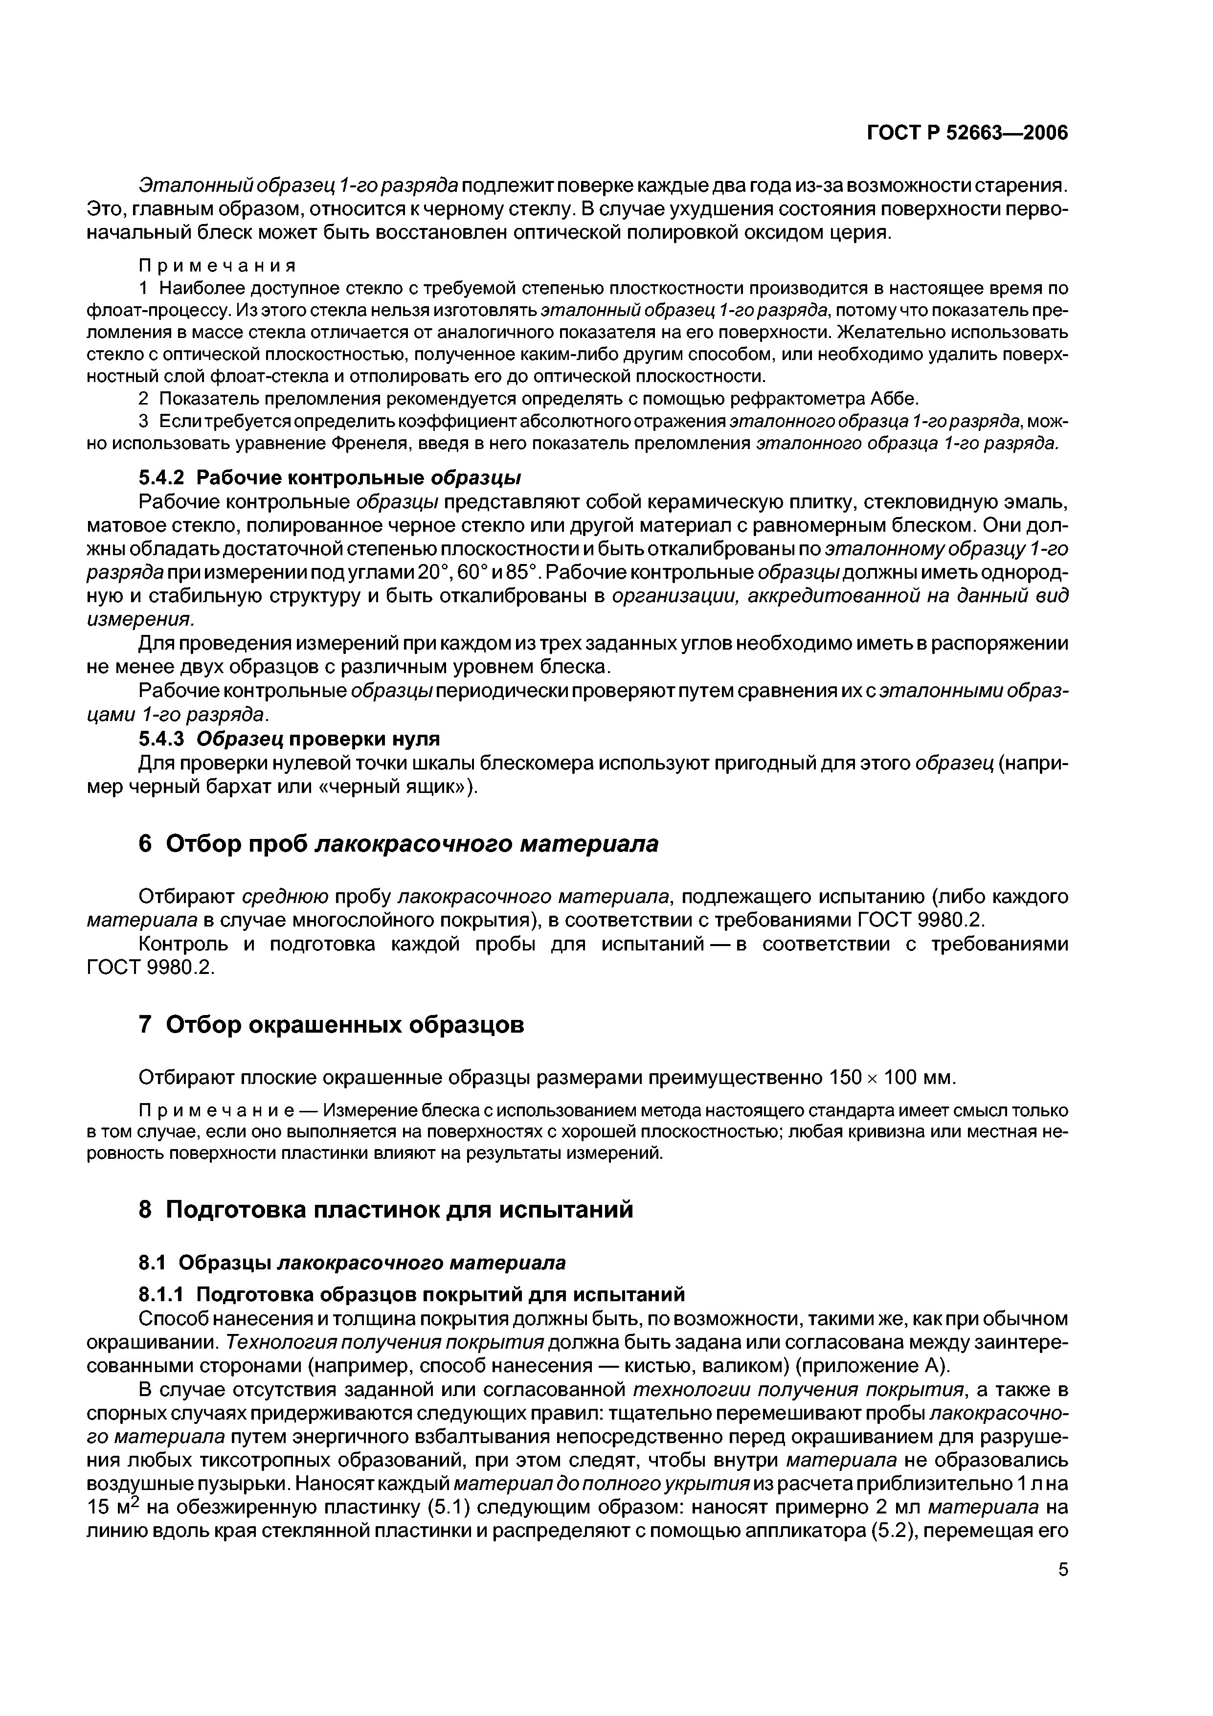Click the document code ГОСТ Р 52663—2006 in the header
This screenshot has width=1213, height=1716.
967,133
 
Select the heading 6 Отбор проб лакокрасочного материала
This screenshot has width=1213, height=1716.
399,844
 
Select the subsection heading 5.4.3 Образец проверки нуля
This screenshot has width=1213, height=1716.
290,739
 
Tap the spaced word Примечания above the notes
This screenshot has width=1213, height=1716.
218,265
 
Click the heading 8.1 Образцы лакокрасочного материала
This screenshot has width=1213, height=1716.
353,1263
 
